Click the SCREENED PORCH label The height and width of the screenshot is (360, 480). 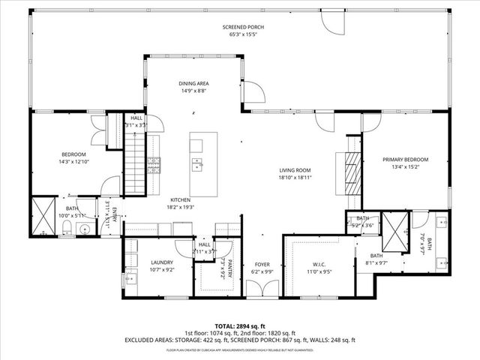coord(242,27)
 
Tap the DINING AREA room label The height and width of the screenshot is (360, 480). coord(193,83)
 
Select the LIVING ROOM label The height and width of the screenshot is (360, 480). coord(295,170)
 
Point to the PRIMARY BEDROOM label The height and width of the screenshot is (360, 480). coord(405,160)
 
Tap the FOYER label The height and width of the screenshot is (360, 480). coord(262,263)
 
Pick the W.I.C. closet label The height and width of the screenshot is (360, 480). coord(319,263)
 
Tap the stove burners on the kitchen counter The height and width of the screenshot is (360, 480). coord(154,165)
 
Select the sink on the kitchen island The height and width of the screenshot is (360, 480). coord(197,164)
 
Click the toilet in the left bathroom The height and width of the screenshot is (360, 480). coord(67,227)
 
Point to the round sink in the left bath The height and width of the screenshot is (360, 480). coord(85,229)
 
